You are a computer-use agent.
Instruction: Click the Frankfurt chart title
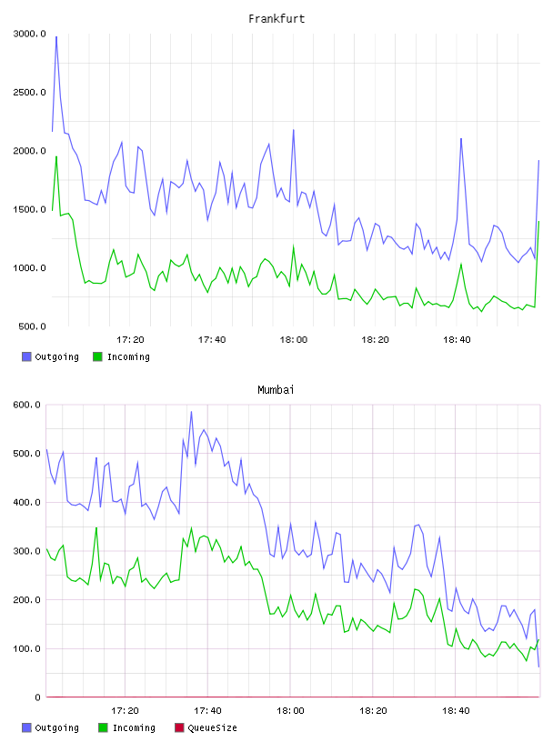[x=276, y=19]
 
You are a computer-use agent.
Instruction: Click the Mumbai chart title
[x=276, y=390]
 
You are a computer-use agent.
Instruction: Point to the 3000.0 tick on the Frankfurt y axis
[x=29, y=34]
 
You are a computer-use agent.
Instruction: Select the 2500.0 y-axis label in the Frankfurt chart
[x=29, y=92]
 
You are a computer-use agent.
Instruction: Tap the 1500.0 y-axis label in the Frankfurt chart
[x=29, y=210]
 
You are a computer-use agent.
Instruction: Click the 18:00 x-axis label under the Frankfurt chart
[x=294, y=340]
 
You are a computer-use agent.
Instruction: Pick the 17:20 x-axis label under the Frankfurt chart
[x=130, y=340]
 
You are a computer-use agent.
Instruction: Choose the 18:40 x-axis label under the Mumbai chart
[x=456, y=711]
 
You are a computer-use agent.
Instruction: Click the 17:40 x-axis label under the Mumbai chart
[x=207, y=711]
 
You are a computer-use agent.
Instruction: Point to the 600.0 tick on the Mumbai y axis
[x=26, y=405]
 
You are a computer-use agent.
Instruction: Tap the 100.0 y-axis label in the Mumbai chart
[x=26, y=648]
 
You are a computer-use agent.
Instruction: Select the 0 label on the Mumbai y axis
[x=37, y=697]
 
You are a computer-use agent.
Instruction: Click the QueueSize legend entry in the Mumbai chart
[x=206, y=727]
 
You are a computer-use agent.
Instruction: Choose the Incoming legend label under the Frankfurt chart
[x=128, y=356]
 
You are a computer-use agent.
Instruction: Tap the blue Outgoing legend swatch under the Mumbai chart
[x=26, y=727]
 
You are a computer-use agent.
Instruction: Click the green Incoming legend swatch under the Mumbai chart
[x=103, y=727]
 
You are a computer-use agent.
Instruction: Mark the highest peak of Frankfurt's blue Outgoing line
[x=56, y=36]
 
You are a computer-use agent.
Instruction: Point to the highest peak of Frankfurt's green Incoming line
[x=56, y=156]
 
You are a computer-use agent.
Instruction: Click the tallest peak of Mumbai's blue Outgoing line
[x=191, y=412]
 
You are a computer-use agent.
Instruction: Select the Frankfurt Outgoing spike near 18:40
[x=461, y=139]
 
